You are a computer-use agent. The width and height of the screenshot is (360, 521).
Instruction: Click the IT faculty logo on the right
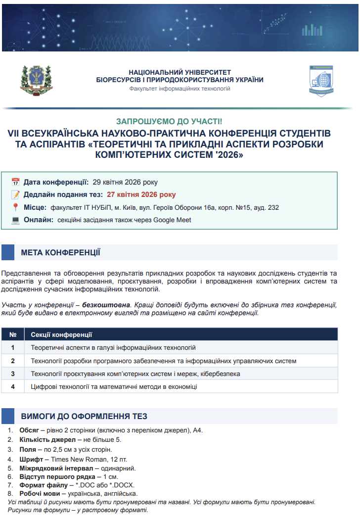coord(321,81)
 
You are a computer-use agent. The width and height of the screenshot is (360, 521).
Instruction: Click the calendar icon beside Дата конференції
coord(15,182)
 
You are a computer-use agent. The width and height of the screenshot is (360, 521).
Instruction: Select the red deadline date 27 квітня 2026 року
coord(141,194)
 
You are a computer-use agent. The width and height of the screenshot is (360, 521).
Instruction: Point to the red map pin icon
coord(15,207)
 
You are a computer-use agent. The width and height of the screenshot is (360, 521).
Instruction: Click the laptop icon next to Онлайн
coord(15,220)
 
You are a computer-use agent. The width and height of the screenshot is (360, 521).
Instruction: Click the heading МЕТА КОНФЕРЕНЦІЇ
coord(60,253)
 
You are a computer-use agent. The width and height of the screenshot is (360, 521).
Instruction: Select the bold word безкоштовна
coord(103,305)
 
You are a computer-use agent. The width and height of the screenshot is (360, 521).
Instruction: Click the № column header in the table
coord(13,334)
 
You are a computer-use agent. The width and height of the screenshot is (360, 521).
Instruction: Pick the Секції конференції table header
coord(61,334)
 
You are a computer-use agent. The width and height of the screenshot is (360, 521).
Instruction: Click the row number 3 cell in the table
coord(13,374)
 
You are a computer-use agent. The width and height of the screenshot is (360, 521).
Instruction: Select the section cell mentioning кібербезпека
coord(135,374)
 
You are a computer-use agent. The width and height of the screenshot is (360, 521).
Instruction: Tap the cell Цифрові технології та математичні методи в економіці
coord(114,386)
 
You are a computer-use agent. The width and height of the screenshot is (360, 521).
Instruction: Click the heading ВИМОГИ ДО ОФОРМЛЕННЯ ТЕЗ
coord(84,416)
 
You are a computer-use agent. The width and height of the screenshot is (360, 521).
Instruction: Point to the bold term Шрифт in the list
coord(30,459)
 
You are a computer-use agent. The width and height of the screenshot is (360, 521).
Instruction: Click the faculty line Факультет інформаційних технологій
coord(180,89)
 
